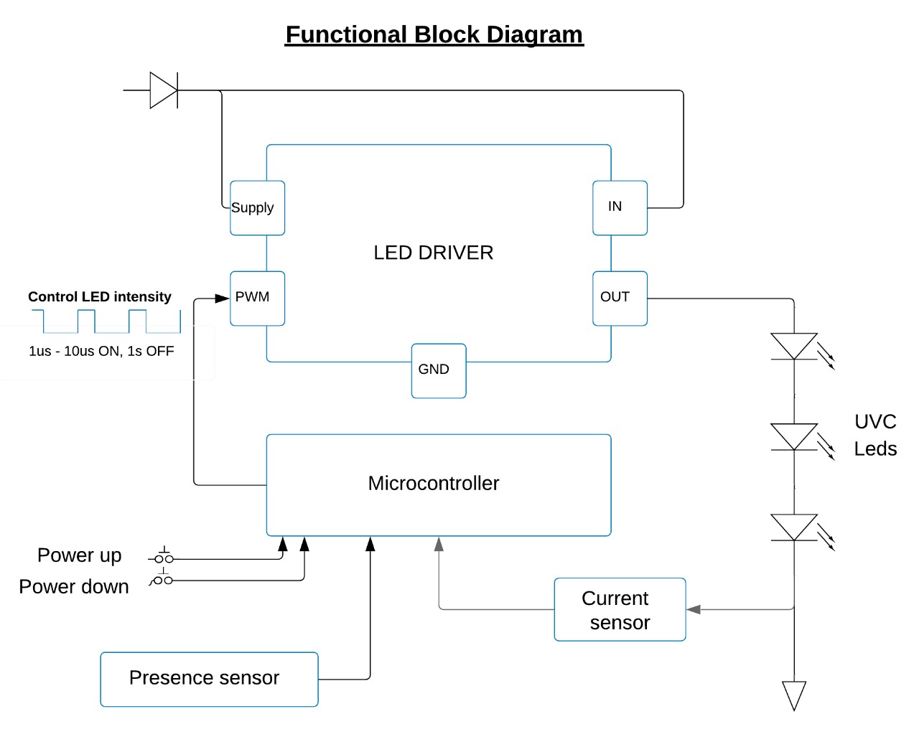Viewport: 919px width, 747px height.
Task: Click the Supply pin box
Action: coord(257,208)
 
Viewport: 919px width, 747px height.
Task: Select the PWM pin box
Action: coord(257,299)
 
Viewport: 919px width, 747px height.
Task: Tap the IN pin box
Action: coord(620,208)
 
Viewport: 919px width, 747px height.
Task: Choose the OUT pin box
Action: coord(620,299)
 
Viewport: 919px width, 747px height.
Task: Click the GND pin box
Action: coord(439,371)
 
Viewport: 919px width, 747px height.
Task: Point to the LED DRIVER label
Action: coord(433,253)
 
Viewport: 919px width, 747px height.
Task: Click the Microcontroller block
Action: coord(438,484)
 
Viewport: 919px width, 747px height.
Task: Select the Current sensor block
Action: coord(620,610)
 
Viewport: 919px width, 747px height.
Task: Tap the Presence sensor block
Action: coord(209,679)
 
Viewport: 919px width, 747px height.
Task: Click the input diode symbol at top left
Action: coord(164,90)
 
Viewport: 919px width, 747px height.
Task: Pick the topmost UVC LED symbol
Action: coord(794,346)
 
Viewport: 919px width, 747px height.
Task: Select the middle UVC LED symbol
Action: coord(794,436)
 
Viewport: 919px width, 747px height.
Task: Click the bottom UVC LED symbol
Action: coord(794,527)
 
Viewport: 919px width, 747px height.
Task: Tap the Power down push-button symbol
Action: coord(163,579)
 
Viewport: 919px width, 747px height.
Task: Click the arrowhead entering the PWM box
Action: coord(223,298)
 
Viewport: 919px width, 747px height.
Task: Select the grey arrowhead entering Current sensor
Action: coord(694,609)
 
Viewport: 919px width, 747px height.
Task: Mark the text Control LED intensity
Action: coord(100,297)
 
